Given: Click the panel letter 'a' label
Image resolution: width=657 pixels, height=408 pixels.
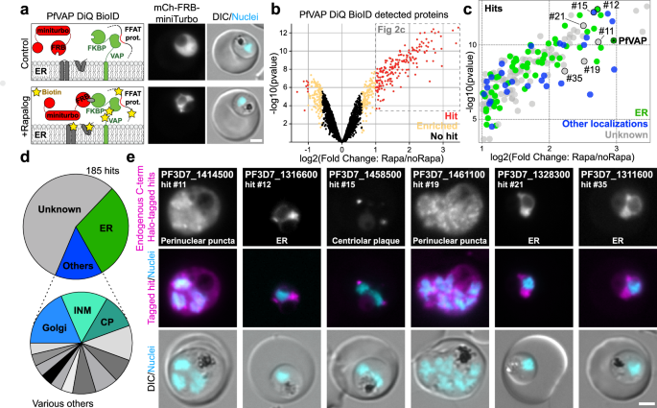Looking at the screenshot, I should click(x=7, y=8).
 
